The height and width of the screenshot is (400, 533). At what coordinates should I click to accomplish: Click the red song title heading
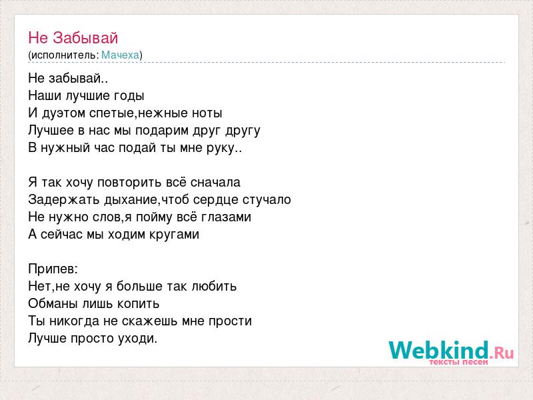tap(73, 38)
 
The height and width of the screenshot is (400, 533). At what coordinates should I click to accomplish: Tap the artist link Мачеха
tap(121, 55)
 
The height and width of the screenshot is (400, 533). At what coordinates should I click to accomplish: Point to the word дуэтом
tap(63, 113)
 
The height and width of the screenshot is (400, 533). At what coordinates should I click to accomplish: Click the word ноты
tap(207, 113)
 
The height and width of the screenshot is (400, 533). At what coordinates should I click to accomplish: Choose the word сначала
tap(215, 183)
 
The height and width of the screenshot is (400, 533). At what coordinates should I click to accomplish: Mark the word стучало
tap(266, 200)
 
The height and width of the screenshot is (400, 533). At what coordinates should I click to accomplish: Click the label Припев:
tap(53, 269)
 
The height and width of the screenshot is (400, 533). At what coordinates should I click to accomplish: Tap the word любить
tap(214, 287)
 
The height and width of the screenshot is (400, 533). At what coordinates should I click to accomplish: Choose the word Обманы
tap(53, 303)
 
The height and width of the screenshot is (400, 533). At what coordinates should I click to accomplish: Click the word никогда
tap(74, 321)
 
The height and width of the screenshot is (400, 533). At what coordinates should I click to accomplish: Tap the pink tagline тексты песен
tap(458, 362)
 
